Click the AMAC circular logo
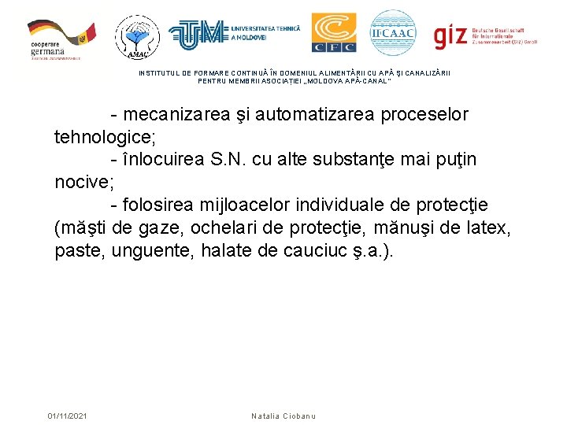[x=137, y=36]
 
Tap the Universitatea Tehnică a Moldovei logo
[x=224, y=34]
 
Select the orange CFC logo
[x=333, y=33]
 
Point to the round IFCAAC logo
[x=392, y=33]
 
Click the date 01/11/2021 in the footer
[x=68, y=416]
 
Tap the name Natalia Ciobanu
[x=283, y=416]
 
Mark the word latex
[x=491, y=228]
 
